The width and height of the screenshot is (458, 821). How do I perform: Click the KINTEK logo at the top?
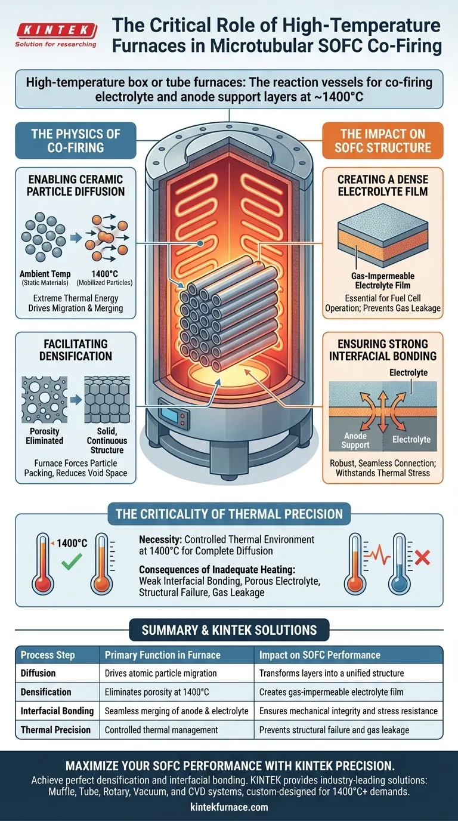56,35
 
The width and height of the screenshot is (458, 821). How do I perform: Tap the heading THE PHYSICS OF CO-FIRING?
76,140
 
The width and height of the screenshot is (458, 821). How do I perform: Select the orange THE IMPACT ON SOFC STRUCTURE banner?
382,140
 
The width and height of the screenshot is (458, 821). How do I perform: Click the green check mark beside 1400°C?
72,561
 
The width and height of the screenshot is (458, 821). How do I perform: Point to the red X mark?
422,558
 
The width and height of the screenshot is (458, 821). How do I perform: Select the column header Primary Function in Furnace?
163,655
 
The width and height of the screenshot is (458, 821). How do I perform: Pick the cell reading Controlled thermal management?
161,730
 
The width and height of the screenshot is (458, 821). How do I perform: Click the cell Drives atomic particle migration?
160,673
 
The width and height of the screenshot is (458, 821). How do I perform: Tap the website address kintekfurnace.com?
229,807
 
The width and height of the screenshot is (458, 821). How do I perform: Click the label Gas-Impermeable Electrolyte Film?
382,280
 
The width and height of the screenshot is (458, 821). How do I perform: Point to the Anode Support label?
355,440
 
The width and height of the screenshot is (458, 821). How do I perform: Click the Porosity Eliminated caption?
44,436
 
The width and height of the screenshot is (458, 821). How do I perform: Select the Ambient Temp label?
45,274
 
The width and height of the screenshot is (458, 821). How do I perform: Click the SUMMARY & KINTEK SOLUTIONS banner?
229,629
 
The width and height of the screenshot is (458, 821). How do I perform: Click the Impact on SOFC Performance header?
320,655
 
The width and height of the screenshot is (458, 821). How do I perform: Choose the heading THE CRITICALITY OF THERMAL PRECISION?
229,514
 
